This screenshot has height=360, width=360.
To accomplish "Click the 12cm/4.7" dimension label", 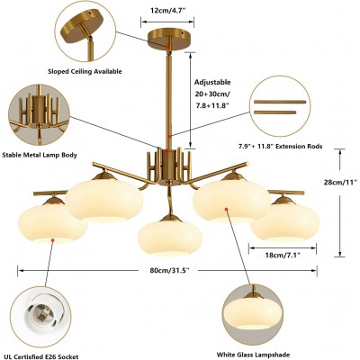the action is pyautogui.click(x=167, y=10).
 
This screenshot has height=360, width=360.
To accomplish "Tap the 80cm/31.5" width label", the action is pyautogui.click(x=167, y=270).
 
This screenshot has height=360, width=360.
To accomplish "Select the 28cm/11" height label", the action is pyautogui.click(x=340, y=182).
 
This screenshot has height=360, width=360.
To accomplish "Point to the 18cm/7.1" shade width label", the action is pyautogui.click(x=283, y=256).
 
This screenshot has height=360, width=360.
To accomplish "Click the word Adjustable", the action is pyautogui.click(x=212, y=82).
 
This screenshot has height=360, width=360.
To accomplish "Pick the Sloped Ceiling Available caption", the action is pyautogui.click(x=85, y=71).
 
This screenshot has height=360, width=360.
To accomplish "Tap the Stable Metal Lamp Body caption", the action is pyautogui.click(x=40, y=155).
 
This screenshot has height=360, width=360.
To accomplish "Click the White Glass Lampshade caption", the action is pyautogui.click(x=253, y=355).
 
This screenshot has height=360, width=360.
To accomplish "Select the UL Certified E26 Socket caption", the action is pyautogui.click(x=40, y=356).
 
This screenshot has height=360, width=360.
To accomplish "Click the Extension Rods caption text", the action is pyautogui.click(x=280, y=147).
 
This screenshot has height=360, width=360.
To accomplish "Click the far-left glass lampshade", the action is pyautogui.click(x=53, y=223).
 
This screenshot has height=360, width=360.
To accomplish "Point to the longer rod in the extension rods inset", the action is pyautogui.click(x=280, y=102).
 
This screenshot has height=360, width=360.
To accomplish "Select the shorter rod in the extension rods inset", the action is pyautogui.click(x=275, y=112).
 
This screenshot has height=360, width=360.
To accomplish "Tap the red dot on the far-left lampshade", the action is pyautogui.click(x=53, y=240).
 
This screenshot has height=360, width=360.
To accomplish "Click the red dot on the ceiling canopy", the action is pyautogui.click(x=167, y=46).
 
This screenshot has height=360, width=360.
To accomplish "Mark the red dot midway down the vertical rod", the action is pyautogui.click(x=169, y=137).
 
